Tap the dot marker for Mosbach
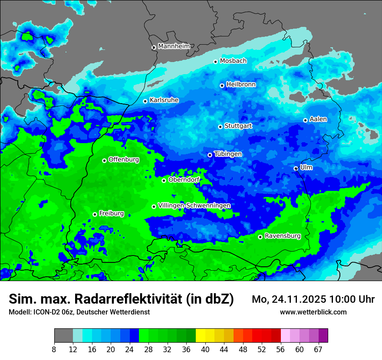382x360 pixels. [x=215, y=62]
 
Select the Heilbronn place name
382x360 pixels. [x=241, y=85]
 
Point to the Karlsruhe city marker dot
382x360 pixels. [x=145, y=101]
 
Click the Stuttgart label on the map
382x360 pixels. [x=238, y=126]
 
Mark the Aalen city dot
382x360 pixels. [x=305, y=120]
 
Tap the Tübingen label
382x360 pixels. [x=228, y=154]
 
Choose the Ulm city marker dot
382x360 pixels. [x=296, y=168]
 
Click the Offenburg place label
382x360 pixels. [x=124, y=160]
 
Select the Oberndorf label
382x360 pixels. [x=184, y=180]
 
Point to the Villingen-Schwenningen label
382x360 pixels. [x=194, y=206]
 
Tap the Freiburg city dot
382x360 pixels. [x=95, y=214]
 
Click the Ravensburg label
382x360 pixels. [x=283, y=236]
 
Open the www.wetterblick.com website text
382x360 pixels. [x=313, y=312]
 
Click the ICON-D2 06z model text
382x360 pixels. [x=52, y=312]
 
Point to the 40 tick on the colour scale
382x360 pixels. [x=205, y=349]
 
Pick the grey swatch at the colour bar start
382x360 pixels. [x=63, y=336]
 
